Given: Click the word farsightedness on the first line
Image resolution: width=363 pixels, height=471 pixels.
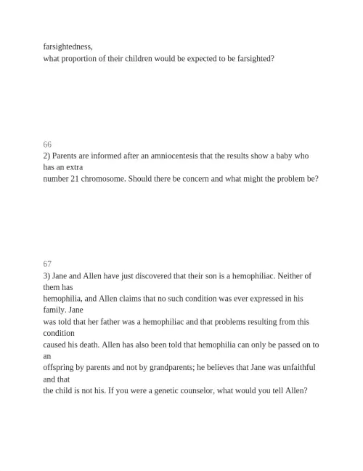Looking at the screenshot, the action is pos(68,46).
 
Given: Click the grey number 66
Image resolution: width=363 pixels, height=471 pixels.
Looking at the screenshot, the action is pos(47,145).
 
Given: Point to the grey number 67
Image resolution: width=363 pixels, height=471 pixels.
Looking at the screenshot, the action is pos(47,264).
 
